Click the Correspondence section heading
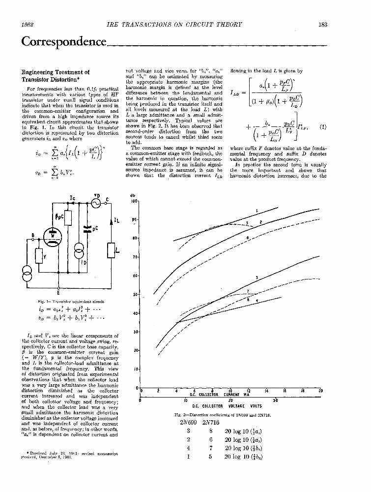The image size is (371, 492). (64, 41)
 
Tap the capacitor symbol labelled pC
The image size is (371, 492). (88, 229)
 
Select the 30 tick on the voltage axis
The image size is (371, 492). (275, 400)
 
